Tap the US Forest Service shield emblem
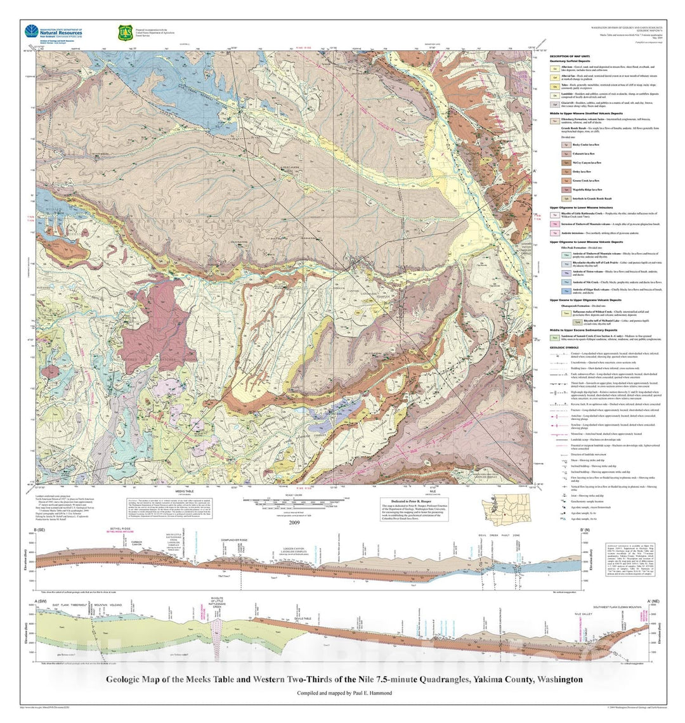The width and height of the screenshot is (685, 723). pos(124,32)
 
